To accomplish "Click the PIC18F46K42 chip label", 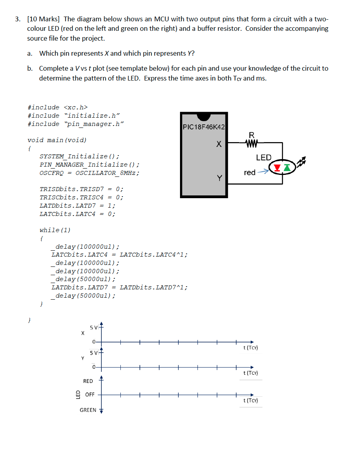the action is click(x=204, y=127).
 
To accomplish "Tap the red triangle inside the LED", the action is click(x=277, y=168).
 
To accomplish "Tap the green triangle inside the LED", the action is click(x=287, y=168).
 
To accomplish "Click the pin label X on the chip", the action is click(x=218, y=144).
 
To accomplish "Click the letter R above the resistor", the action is click(x=251, y=135).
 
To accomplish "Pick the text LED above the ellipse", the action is click(x=264, y=158).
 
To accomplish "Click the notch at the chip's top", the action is click(x=204, y=116).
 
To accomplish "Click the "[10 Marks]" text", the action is click(x=43, y=19).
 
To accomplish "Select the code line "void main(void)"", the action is click(x=57, y=140).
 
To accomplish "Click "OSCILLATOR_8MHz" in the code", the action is click(x=107, y=173).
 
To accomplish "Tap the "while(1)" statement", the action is click(x=55, y=230).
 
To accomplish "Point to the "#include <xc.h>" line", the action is click(x=58, y=107).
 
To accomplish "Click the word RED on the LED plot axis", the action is click(x=88, y=381).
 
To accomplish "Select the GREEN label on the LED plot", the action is click(x=88, y=410).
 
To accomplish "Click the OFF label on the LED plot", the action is click(x=90, y=394).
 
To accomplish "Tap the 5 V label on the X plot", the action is click(x=94, y=327).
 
